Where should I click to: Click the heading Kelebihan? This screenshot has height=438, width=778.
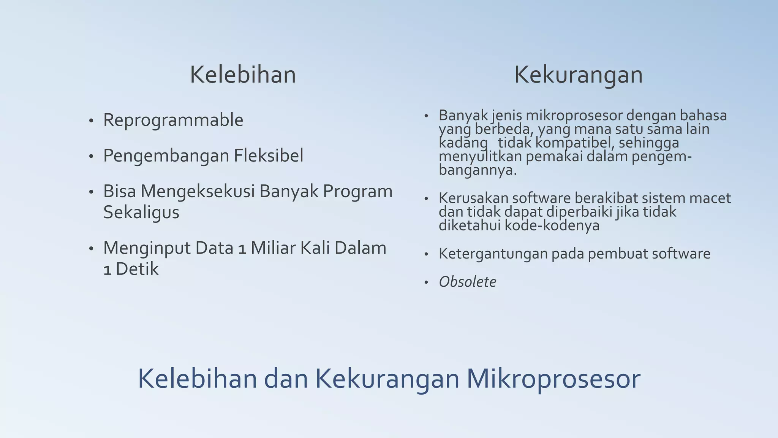(x=243, y=75)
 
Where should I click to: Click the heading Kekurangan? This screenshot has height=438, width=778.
(x=578, y=75)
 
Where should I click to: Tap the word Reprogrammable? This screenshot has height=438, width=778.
(x=173, y=121)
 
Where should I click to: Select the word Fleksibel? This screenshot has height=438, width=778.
(x=268, y=156)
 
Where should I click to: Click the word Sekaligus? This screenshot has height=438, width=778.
(x=141, y=213)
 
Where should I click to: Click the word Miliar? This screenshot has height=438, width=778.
(x=273, y=248)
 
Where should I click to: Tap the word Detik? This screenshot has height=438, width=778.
(x=137, y=269)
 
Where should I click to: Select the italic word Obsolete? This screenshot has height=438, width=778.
(x=467, y=282)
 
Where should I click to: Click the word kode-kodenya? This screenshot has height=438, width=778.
(x=552, y=225)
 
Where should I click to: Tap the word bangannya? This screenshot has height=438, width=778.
(x=478, y=170)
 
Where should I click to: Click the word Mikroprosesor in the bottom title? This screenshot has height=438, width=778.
(x=553, y=379)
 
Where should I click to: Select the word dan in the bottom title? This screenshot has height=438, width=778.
(x=286, y=379)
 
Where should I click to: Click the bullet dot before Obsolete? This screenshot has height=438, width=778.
(x=426, y=282)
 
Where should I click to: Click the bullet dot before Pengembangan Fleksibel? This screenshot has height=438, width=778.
(x=91, y=156)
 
